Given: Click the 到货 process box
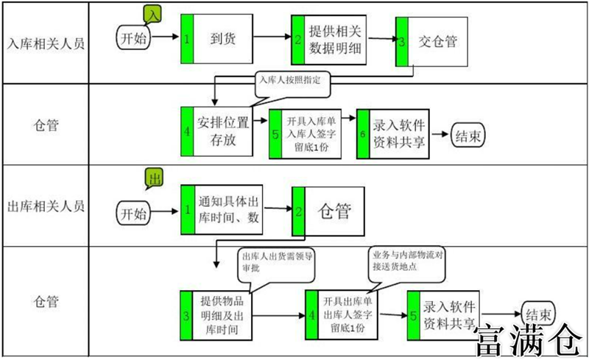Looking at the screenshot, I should coord(223,38).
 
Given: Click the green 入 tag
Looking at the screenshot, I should coord(152,15).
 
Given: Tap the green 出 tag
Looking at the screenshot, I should coord(154,177).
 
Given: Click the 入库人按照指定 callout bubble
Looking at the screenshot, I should coord(292,81).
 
